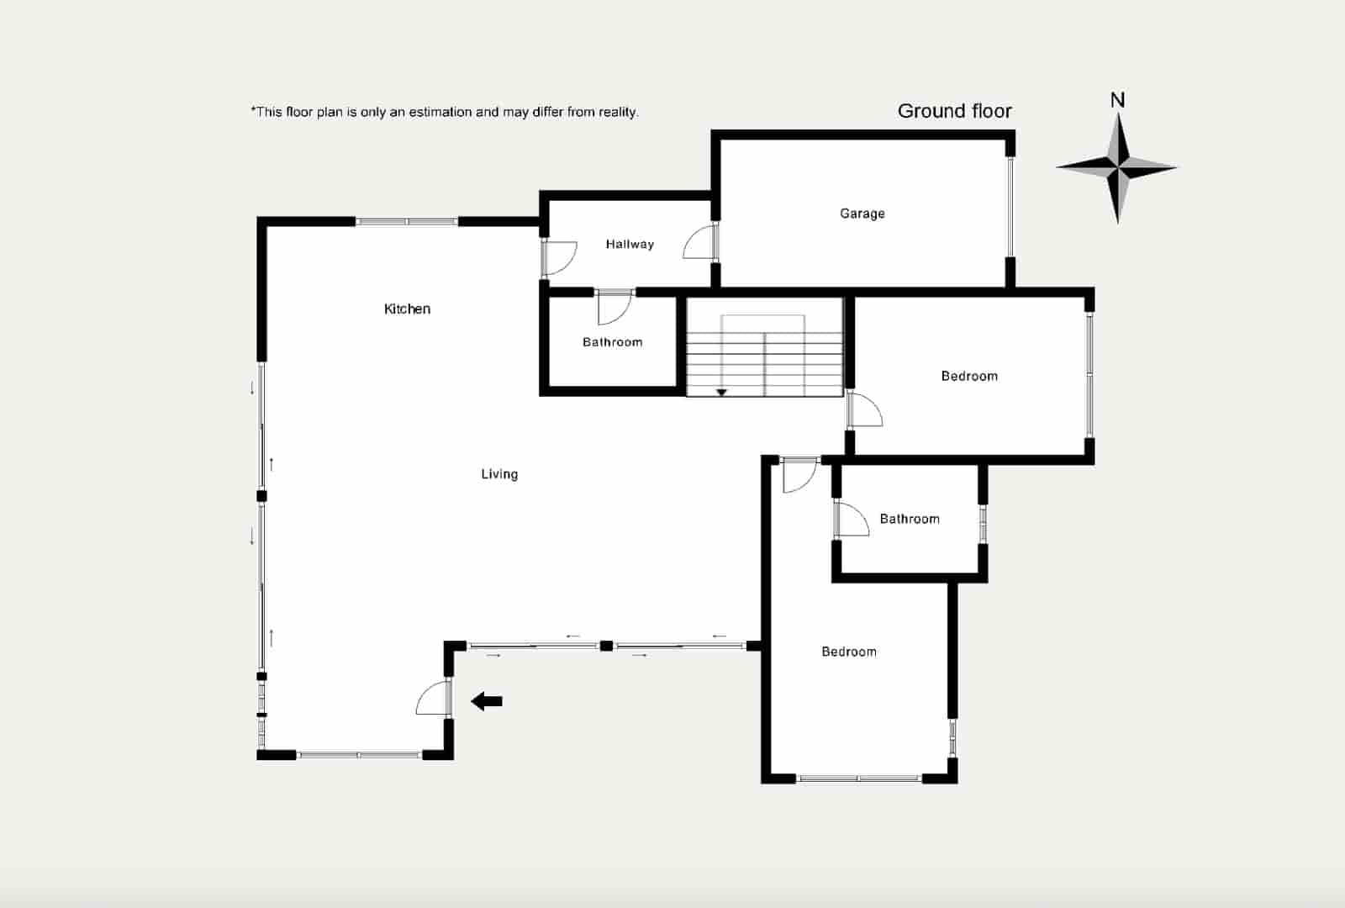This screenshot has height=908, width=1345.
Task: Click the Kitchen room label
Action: tap(407, 309)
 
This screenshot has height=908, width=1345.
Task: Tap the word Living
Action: tap(499, 474)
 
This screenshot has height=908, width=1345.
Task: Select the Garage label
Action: tap(862, 214)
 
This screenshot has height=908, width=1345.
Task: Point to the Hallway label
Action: tap(630, 244)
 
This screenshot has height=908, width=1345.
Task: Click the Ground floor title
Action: tap(955, 111)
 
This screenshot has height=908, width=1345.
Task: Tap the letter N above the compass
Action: tap(1117, 100)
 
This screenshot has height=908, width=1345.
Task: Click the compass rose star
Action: tap(1117, 168)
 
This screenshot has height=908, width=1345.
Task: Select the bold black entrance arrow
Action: tap(487, 701)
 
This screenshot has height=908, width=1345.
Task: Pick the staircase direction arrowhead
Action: tap(722, 393)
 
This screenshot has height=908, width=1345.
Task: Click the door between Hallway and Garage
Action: tap(701, 242)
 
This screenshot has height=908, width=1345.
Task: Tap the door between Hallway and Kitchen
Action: tap(559, 258)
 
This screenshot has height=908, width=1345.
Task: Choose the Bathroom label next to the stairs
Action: tap(613, 342)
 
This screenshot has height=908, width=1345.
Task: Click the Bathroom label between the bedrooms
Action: tap(910, 519)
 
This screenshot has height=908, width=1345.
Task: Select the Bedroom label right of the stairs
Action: tap(969, 376)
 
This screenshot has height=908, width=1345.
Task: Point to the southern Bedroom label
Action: tap(849, 652)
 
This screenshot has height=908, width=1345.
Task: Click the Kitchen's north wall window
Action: tap(407, 222)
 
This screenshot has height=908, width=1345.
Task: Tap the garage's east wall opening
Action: tap(1010, 207)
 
